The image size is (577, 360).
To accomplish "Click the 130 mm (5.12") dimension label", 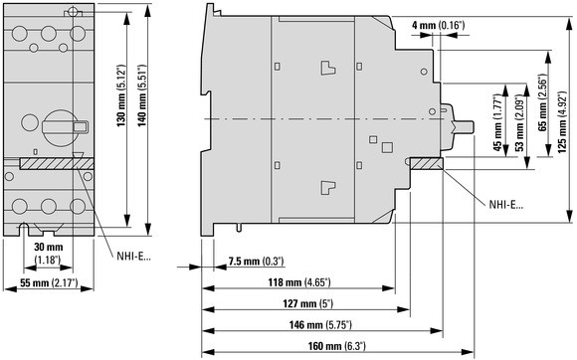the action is [121, 96].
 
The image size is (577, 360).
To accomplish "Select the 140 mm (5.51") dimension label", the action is [142, 95].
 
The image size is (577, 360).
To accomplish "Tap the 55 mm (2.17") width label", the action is [49, 282].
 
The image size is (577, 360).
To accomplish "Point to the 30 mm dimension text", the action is [49, 247].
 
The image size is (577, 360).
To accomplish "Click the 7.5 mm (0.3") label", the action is [256, 262].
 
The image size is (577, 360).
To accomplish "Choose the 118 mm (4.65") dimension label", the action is [299, 282].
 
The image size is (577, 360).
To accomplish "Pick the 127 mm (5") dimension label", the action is [308, 303].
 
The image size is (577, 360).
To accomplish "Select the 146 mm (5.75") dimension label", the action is [320, 325].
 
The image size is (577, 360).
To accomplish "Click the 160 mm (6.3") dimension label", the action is [337, 346].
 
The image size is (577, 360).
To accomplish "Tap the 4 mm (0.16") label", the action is [439, 26].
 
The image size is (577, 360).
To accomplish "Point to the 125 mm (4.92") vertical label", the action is [562, 119].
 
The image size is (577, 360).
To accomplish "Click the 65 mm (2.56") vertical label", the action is [542, 103].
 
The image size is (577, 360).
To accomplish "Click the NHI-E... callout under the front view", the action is [133, 256].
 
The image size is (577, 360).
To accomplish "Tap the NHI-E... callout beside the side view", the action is [506, 205].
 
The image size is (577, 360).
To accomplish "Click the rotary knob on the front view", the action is [60, 127].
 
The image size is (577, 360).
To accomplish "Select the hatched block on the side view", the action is [426, 164].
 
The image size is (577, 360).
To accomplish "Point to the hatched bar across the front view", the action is [57, 164].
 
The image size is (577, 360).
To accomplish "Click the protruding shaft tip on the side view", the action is [465, 127].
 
